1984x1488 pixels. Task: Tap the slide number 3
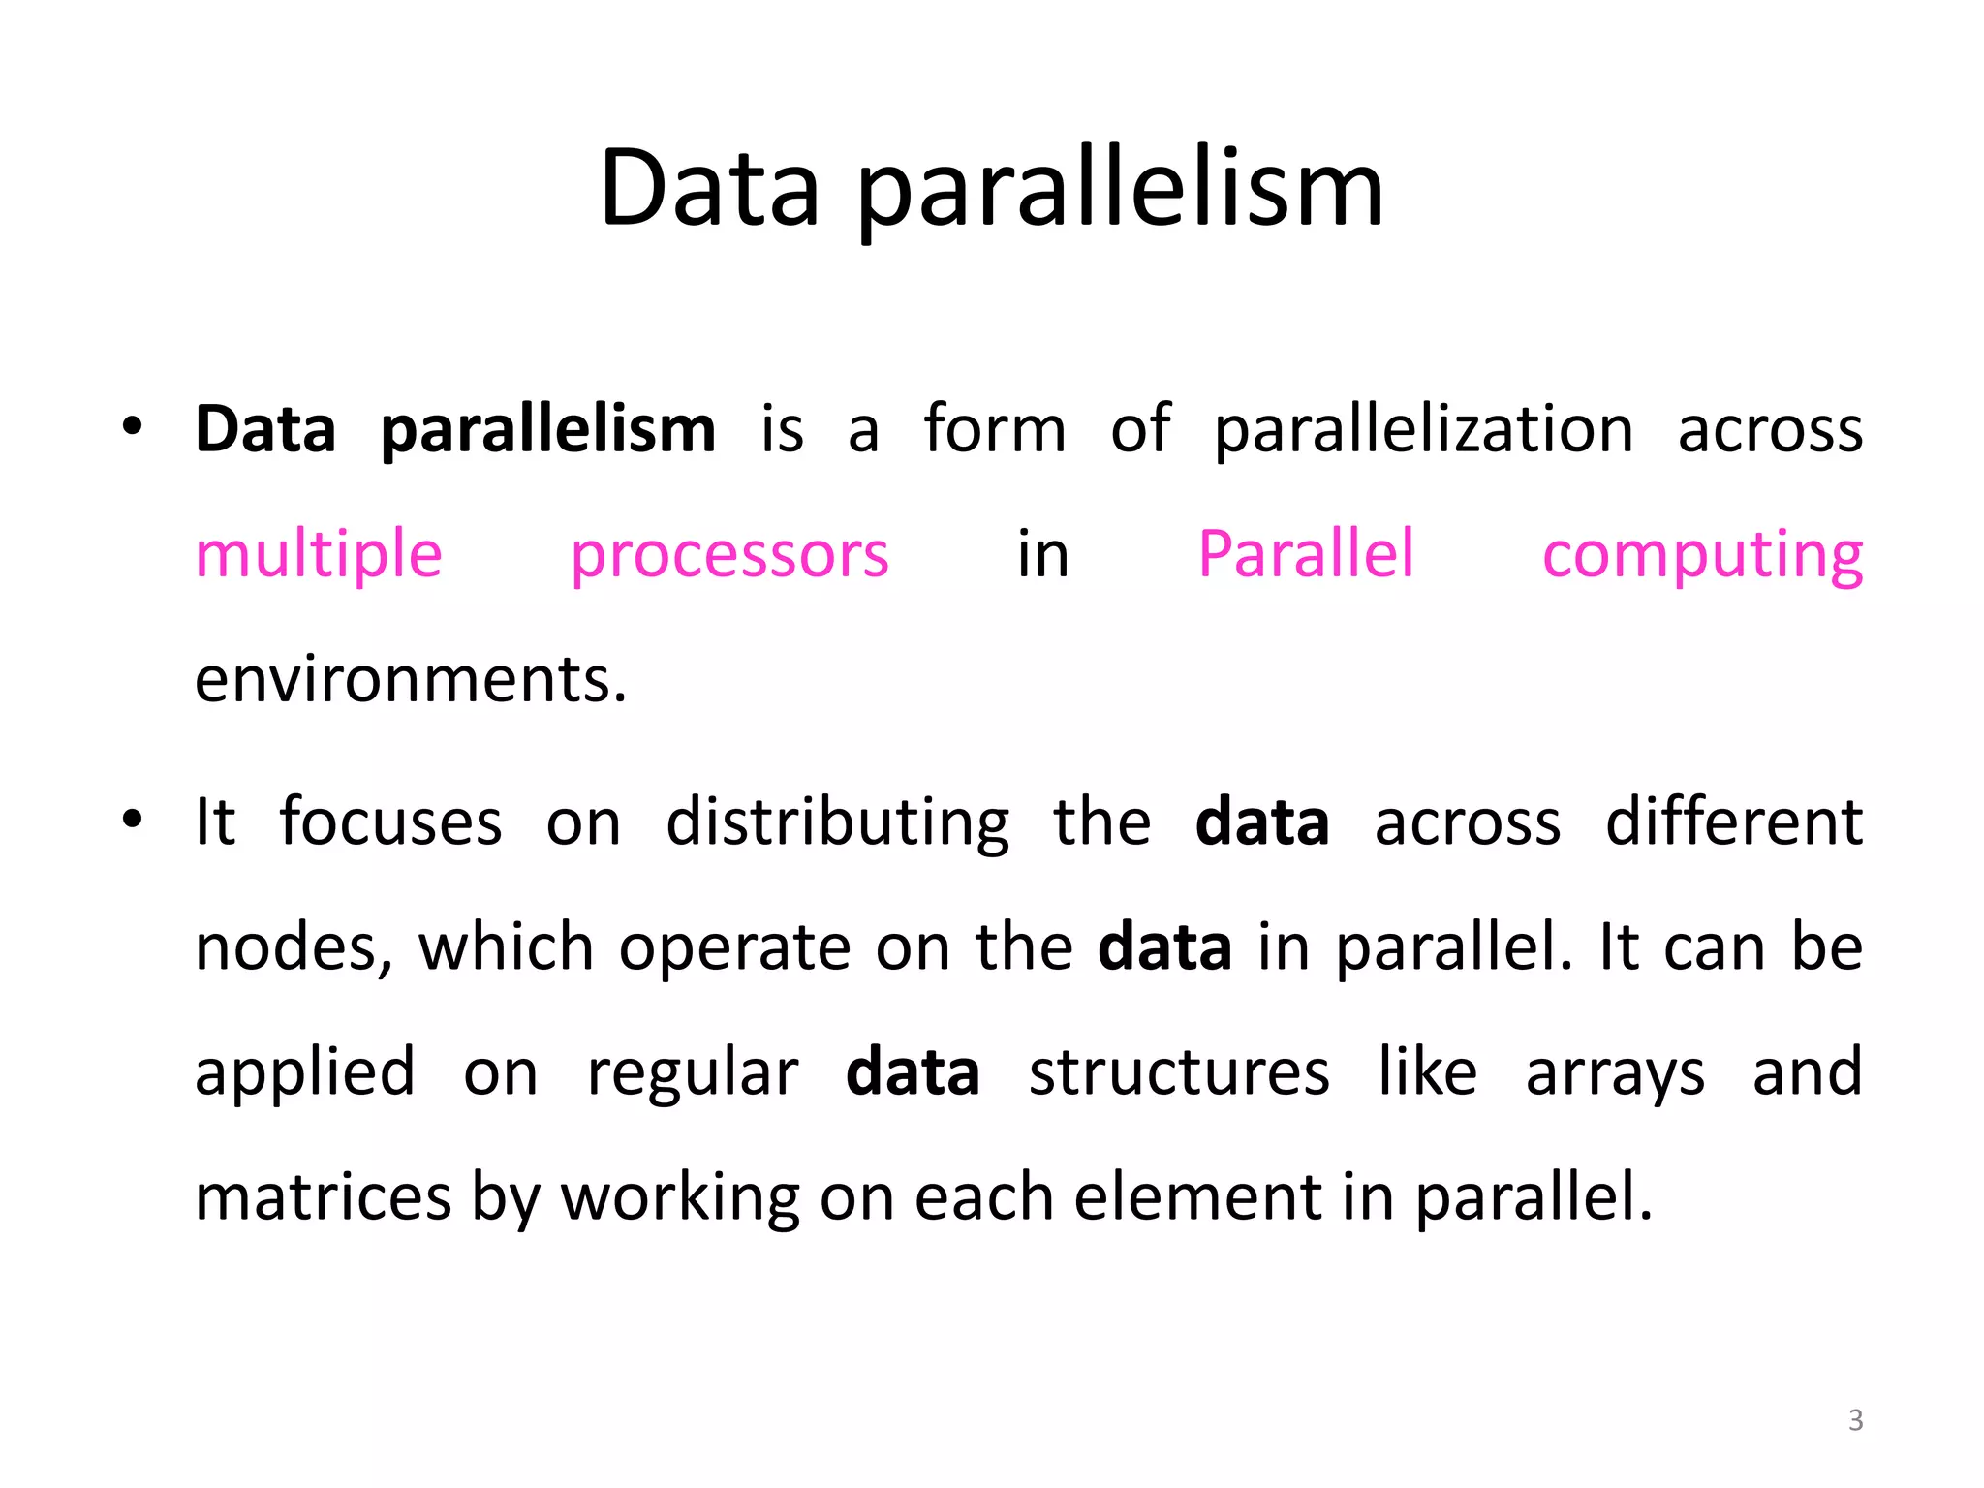pyautogui.click(x=1855, y=1420)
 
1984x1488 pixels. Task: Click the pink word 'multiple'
pyautogui.click(x=319, y=555)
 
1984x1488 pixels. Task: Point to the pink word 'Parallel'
pyautogui.click(x=1306, y=554)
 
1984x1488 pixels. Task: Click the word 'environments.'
pyautogui.click(x=411, y=680)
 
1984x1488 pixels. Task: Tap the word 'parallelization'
pyautogui.click(x=1423, y=429)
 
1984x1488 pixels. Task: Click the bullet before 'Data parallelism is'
pyautogui.click(x=133, y=426)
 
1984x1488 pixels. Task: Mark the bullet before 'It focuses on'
pyautogui.click(x=133, y=820)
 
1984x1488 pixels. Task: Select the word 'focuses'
pyautogui.click(x=390, y=822)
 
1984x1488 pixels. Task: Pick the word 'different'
pyautogui.click(x=1734, y=822)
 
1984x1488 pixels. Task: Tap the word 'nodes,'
pyautogui.click(x=294, y=948)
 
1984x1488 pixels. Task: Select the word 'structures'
pyautogui.click(x=1179, y=1072)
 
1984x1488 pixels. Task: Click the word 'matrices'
pyautogui.click(x=323, y=1197)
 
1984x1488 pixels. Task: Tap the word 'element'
pyautogui.click(x=1197, y=1197)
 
